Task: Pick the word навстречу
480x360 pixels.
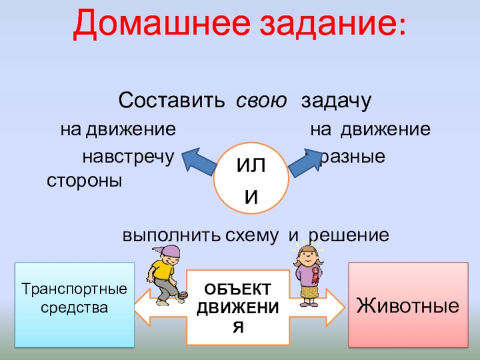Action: pos(127,157)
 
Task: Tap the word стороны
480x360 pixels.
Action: pos(84,181)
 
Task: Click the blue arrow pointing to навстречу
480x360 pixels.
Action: pos(200,162)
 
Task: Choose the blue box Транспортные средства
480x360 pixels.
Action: pos(75,304)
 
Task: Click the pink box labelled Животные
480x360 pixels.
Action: pos(408,305)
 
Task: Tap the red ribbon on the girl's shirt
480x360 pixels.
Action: pos(313,277)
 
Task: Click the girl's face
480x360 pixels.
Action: pos(308,256)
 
